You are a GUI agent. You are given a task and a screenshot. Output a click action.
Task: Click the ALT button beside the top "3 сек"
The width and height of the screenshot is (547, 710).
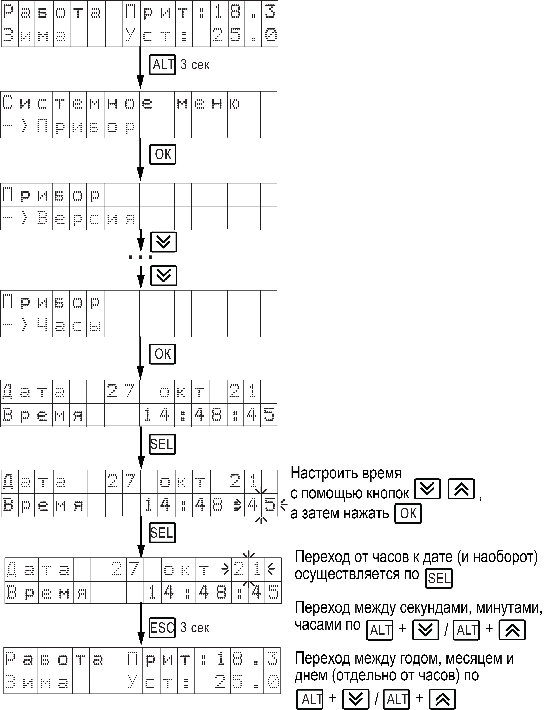pyautogui.click(x=162, y=65)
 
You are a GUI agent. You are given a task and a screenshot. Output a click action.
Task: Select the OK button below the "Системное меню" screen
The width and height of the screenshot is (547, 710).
pyautogui.click(x=162, y=154)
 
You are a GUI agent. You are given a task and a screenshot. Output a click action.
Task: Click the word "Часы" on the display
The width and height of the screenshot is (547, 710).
pyautogui.click(x=69, y=325)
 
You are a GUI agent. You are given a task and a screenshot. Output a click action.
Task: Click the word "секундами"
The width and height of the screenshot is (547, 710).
pyautogui.click(x=436, y=608)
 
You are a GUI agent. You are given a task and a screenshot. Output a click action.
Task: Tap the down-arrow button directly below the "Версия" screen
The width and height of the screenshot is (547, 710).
pyautogui.click(x=163, y=242)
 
